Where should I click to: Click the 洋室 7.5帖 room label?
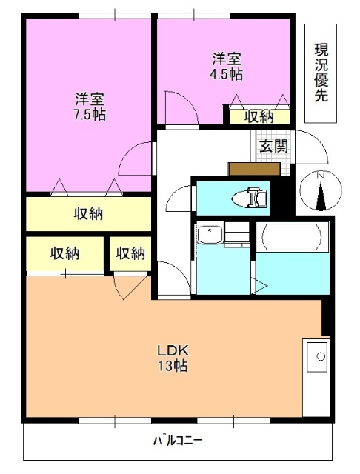pos(89,107)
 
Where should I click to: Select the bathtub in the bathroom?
pos(292,236)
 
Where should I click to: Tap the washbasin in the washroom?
pos(210,236)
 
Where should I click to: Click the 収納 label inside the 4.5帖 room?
pos(259,116)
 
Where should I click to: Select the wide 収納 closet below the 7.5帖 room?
pos(87,215)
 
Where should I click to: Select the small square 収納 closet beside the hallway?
pos(130,254)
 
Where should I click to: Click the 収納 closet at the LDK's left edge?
pos(64,254)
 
